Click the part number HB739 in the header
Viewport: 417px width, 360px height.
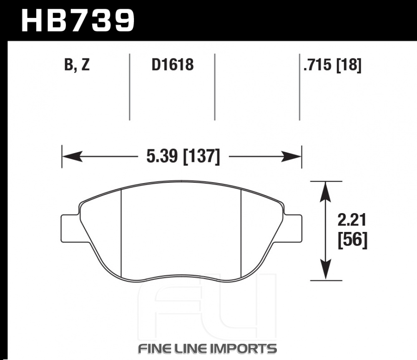pyautogui.click(x=78, y=20)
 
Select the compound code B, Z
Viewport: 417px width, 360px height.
pyautogui.click(x=77, y=65)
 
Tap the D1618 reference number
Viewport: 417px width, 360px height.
pyautogui.click(x=173, y=65)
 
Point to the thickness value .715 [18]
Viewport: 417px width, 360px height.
pyautogui.click(x=333, y=65)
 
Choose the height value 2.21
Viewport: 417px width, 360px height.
pyautogui.click(x=352, y=220)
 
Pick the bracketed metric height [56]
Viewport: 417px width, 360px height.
pyautogui.click(x=352, y=240)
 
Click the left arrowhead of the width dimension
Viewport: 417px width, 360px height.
pyautogui.click(x=72, y=156)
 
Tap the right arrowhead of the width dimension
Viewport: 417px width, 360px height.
pyautogui.click(x=291, y=156)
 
